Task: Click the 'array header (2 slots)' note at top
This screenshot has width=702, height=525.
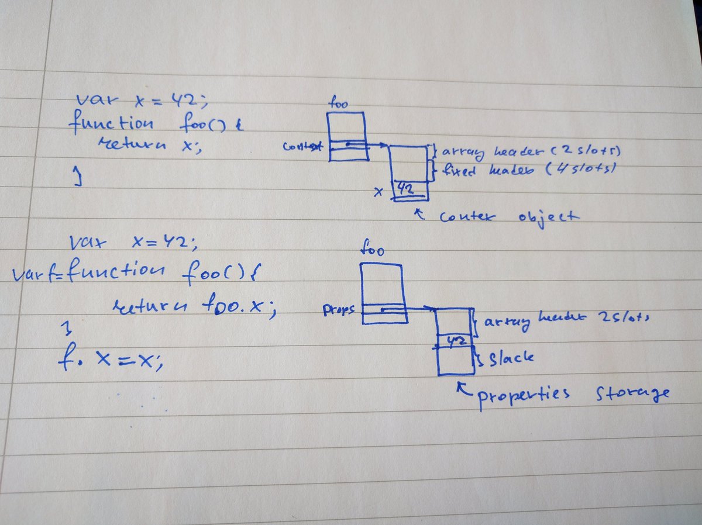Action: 529,153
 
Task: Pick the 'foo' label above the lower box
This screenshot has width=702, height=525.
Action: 373,251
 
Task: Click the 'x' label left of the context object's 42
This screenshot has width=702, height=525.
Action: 378,191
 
